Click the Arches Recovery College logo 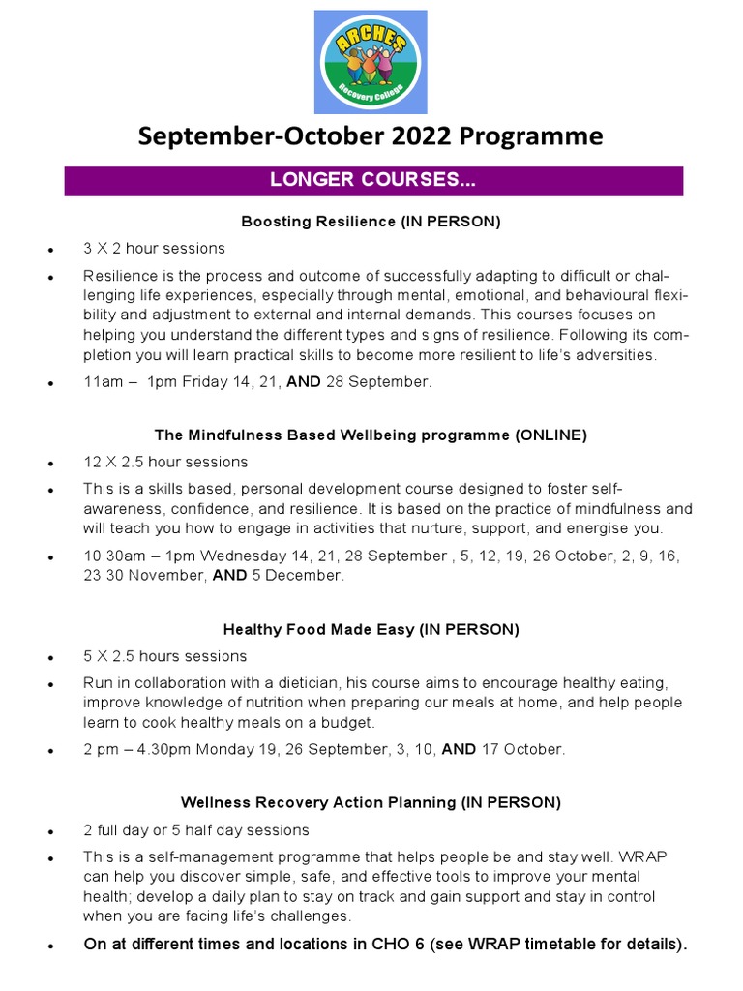point(371,62)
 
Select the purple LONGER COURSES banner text point(372,181)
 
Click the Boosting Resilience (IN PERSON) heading point(371,222)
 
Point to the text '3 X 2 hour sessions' point(154,249)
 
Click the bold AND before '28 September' point(305,381)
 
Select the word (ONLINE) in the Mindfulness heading point(550,435)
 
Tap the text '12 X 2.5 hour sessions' point(165,462)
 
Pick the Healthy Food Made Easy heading point(371,629)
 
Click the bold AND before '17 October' point(459,749)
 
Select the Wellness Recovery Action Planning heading point(371,802)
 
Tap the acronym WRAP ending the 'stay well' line point(669,856)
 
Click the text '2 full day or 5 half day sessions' point(196,830)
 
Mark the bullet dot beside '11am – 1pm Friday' point(50,383)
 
